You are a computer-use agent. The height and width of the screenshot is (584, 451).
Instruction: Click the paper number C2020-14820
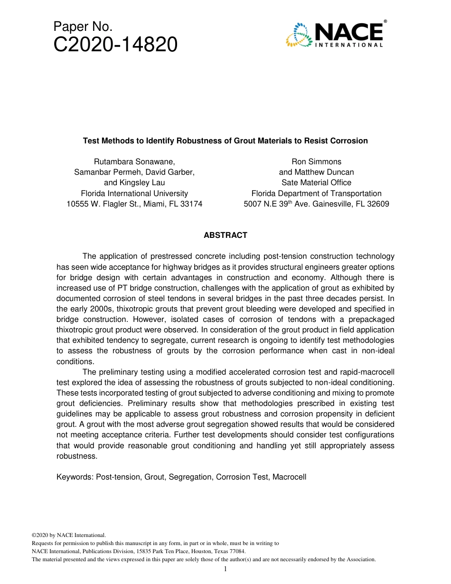115,45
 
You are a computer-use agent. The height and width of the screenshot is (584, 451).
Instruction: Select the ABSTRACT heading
225,235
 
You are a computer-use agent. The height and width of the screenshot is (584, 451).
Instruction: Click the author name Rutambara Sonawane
133,161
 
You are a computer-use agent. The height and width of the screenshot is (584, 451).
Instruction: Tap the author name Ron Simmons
316,161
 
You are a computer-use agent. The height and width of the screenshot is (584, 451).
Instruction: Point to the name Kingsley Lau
143,183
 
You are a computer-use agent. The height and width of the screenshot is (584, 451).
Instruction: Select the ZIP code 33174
190,204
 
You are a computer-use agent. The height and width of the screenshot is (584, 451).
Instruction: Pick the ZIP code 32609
377,204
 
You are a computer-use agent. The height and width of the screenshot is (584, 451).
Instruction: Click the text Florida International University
134,193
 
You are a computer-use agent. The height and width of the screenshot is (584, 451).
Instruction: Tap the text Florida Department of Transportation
316,193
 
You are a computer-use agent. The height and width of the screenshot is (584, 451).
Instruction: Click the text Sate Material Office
316,183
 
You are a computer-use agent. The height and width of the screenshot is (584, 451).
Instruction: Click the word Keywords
75,477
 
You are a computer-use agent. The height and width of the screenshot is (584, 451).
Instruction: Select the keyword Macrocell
289,477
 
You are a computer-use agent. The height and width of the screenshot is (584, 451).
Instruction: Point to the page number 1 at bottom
225,569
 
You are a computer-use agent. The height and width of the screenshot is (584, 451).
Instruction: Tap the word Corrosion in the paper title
350,141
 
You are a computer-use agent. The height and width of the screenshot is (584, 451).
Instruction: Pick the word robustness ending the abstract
76,456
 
